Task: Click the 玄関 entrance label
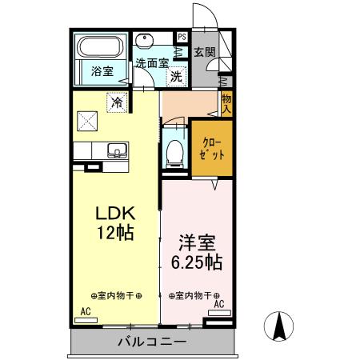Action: point(205,53)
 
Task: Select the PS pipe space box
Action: point(182,37)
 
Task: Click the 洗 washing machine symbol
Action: point(175,78)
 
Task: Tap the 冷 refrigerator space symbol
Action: point(117,102)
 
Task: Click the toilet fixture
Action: point(174,153)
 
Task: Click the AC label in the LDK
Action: point(85,311)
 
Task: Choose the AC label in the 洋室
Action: point(218,304)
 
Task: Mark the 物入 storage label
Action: point(226,102)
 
